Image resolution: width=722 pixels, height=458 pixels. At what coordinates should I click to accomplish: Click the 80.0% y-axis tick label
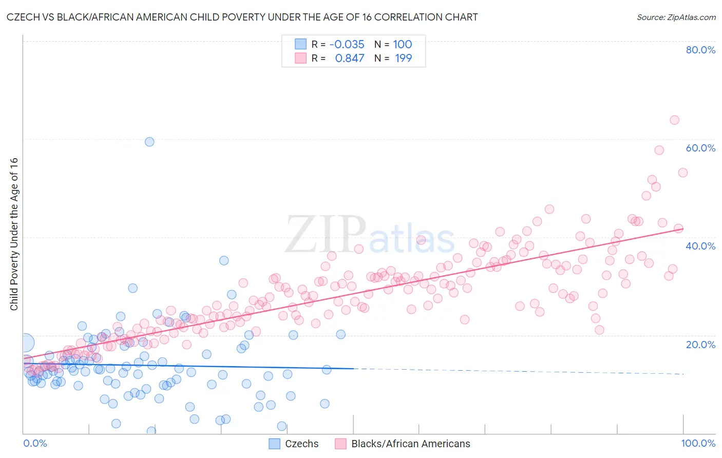click(700, 50)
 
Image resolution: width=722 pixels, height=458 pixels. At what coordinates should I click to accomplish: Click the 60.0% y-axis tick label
click(700, 148)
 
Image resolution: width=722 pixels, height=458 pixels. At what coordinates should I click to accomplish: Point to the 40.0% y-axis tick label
click(700, 246)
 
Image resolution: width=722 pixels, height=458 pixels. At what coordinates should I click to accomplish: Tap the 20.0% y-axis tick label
click(700, 344)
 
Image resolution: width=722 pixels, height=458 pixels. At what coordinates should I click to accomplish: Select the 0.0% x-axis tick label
click(35, 443)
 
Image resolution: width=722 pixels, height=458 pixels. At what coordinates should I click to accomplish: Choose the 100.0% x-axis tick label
click(698, 443)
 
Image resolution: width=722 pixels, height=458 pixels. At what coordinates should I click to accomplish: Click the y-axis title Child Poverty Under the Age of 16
click(14, 234)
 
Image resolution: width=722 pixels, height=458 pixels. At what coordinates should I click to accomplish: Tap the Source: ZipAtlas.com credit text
click(676, 17)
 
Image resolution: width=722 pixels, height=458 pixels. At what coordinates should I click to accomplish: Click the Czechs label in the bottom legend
click(301, 444)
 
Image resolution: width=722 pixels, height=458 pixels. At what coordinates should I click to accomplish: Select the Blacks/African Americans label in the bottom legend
click(410, 444)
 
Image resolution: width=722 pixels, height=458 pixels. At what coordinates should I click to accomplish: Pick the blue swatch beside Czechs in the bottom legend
click(275, 444)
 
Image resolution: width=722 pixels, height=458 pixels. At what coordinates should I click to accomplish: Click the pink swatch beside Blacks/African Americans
click(341, 444)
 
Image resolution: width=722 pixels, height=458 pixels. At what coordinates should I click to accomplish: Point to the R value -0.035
click(347, 44)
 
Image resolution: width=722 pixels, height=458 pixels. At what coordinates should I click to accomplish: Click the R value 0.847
click(350, 58)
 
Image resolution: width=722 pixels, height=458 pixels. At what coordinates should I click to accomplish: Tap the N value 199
click(403, 58)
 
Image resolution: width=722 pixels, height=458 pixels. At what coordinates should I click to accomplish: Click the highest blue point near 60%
click(149, 142)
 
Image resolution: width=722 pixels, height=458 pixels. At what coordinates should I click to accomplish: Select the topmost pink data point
click(674, 120)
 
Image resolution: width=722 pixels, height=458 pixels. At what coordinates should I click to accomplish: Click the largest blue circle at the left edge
click(25, 342)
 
